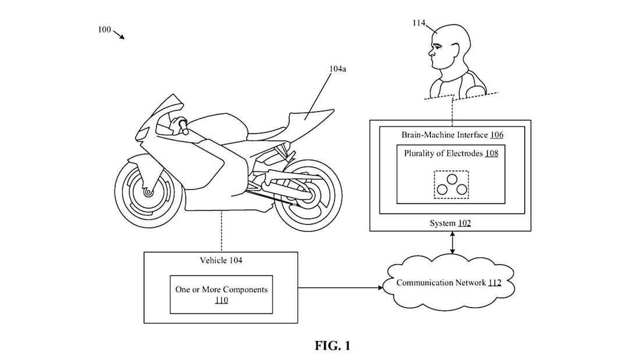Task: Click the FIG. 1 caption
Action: pyautogui.click(x=332, y=347)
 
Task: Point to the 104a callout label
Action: pyautogui.click(x=339, y=68)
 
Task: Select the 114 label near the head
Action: pyautogui.click(x=418, y=24)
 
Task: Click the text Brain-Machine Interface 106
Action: pyautogui.click(x=452, y=134)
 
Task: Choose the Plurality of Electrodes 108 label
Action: pyautogui.click(x=451, y=154)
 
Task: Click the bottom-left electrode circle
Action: pyautogui.click(x=443, y=190)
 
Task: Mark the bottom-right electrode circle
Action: pyautogui.click(x=460, y=190)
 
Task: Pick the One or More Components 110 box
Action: pyautogui.click(x=222, y=294)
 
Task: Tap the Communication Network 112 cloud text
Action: pyautogui.click(x=449, y=283)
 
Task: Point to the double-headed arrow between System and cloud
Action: pyautogui.click(x=452, y=243)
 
